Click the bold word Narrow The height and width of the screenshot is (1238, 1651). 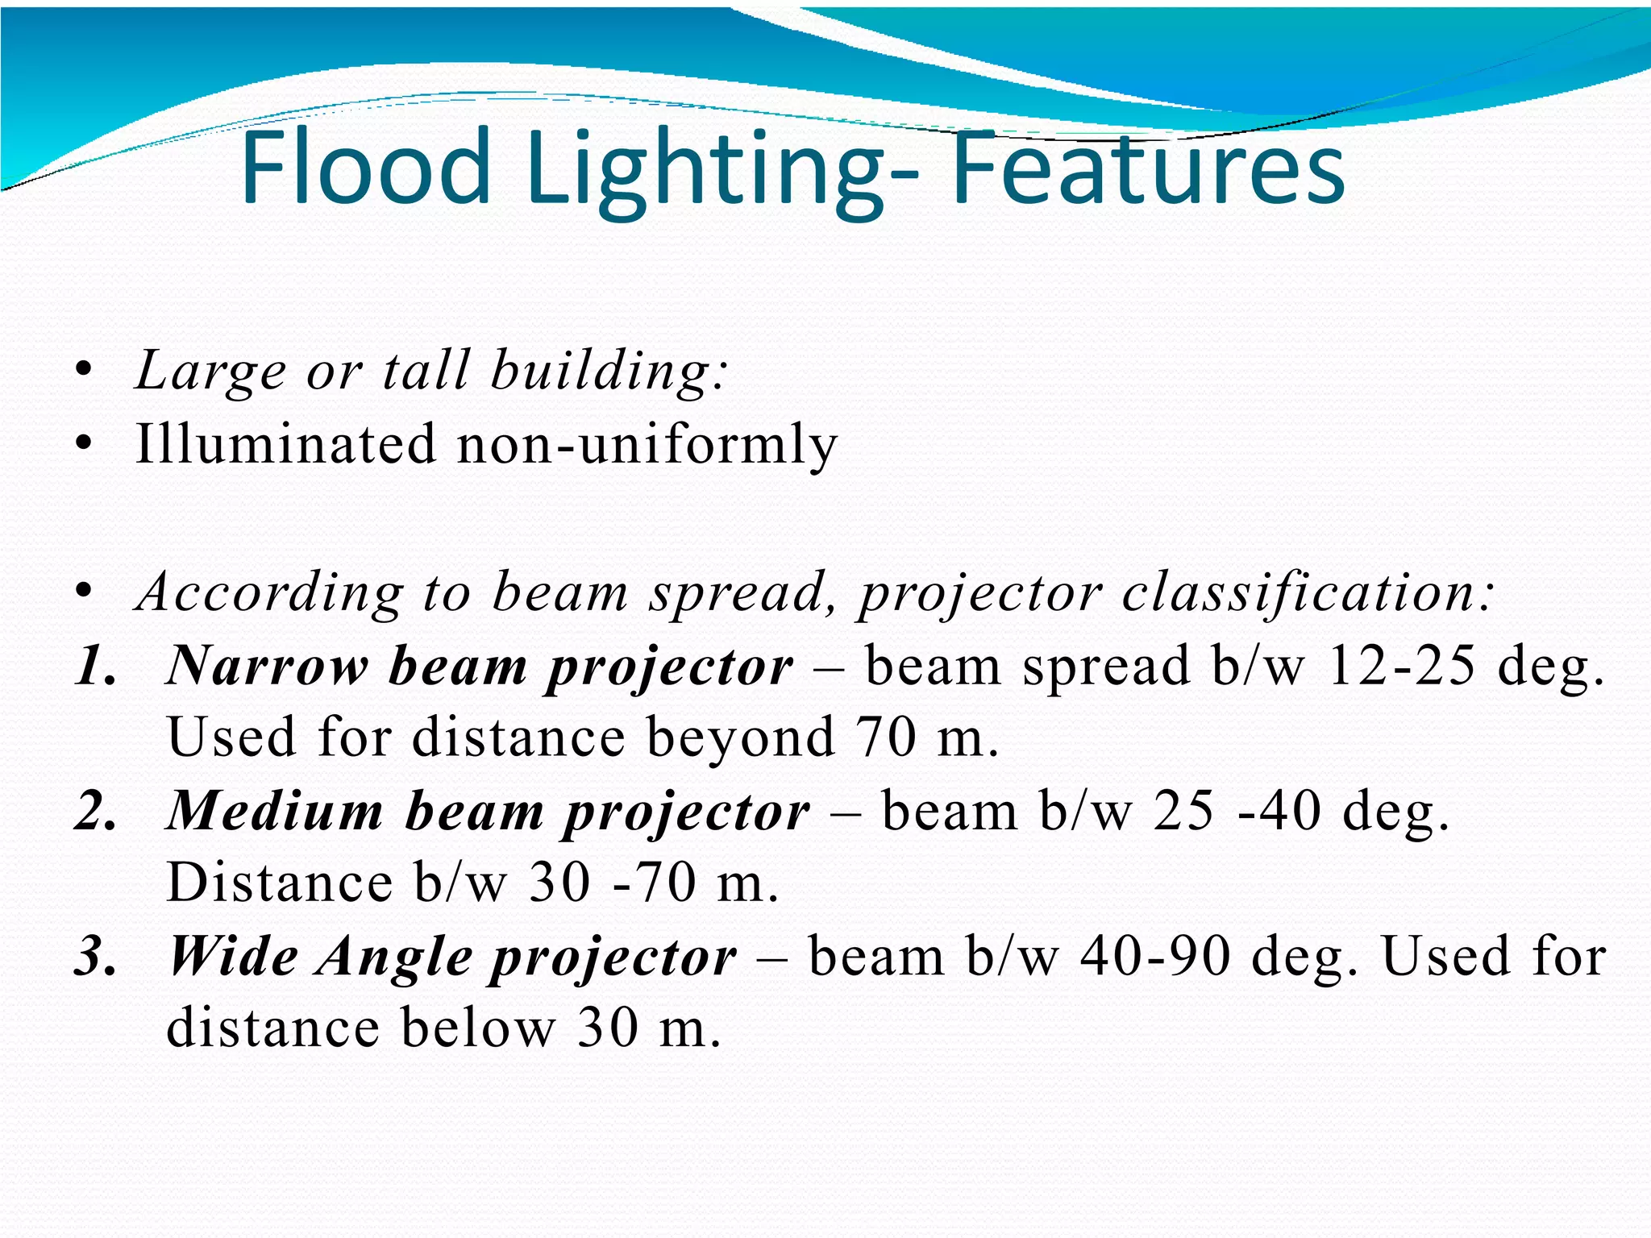[266, 667]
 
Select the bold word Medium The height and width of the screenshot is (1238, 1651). [275, 811]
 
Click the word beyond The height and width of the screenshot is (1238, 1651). [740, 738]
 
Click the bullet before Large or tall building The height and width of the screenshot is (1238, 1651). [82, 372]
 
